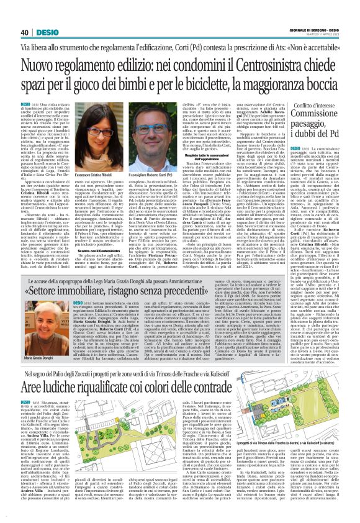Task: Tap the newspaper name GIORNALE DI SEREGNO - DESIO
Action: pos(318,30)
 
